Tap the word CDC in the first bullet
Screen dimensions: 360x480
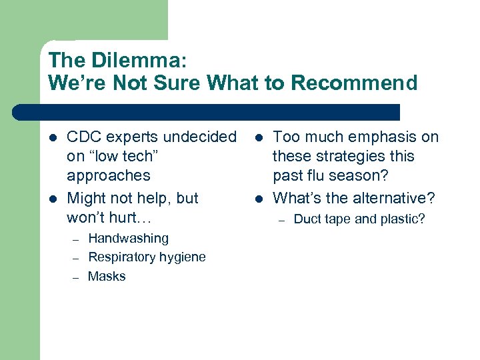click(83, 137)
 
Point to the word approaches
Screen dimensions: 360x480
click(109, 175)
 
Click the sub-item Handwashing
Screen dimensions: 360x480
click(128, 238)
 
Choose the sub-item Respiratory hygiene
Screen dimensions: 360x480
click(147, 257)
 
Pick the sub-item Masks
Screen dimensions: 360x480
click(107, 276)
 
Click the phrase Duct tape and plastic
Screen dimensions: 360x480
click(359, 219)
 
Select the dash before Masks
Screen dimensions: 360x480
click(76, 277)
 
